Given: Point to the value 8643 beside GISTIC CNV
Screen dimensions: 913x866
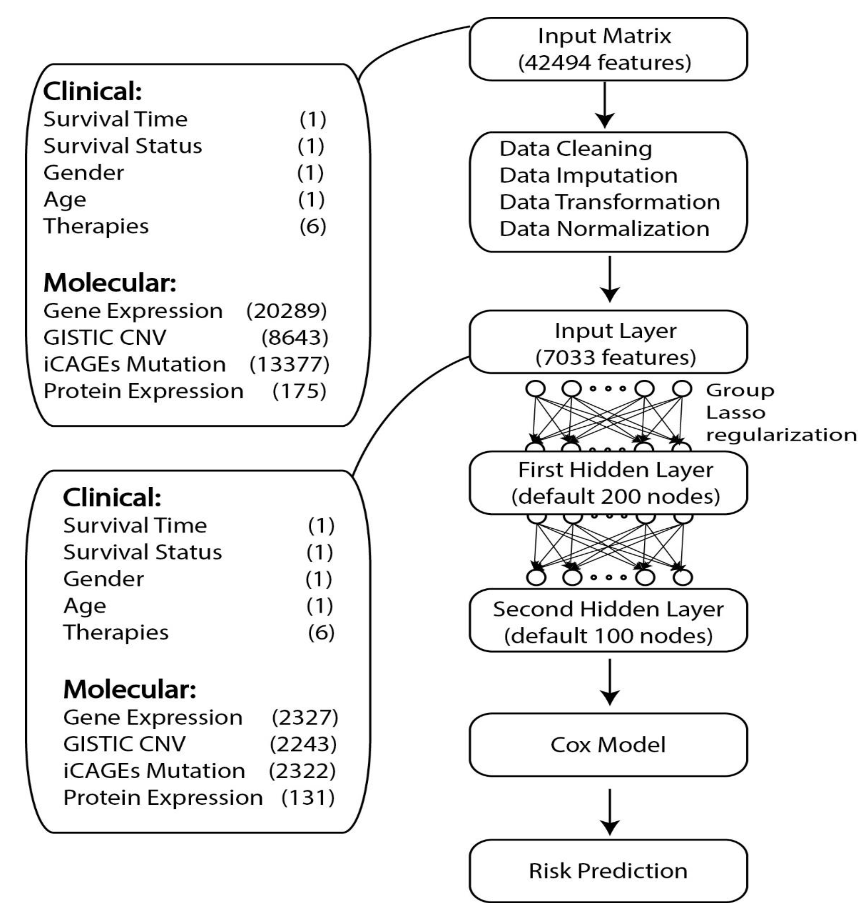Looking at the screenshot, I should tap(294, 337).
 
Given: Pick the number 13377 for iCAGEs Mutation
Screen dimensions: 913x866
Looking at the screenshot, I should tap(289, 364).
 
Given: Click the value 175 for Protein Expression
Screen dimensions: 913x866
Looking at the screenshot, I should tap(299, 391).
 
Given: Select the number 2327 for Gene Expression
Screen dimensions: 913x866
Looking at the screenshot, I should tap(305, 717).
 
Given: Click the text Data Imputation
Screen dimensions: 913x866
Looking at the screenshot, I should tap(588, 175).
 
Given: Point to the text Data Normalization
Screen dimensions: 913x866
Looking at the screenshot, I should tap(604, 229).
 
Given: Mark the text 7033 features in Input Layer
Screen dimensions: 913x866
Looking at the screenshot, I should tap(615, 357).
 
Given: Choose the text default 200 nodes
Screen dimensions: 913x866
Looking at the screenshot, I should tap(615, 497).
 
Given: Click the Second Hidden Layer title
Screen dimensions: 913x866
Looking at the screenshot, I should tap(608, 609).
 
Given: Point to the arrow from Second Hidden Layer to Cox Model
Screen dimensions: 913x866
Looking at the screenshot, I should tap(610, 682).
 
